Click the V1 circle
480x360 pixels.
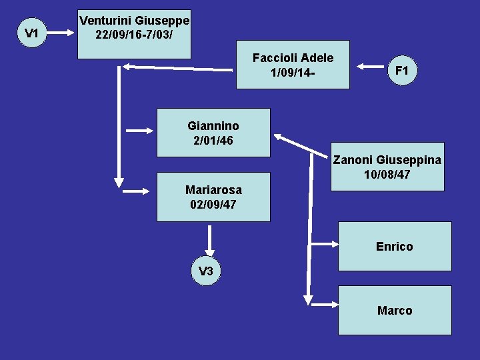click(x=31, y=32)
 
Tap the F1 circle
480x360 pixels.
click(x=402, y=69)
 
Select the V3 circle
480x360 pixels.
click(x=206, y=271)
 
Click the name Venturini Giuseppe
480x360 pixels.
click(x=135, y=20)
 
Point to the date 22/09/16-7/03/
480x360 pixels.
click(x=135, y=33)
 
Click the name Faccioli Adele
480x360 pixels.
click(x=293, y=58)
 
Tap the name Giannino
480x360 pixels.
click(x=213, y=125)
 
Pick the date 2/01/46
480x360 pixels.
click(x=213, y=140)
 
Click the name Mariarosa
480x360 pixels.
click(x=213, y=190)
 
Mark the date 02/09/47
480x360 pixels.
click(x=213, y=204)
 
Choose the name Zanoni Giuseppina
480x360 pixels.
click(x=387, y=160)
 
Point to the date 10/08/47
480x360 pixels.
click(x=387, y=175)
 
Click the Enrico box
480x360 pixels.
click(x=395, y=246)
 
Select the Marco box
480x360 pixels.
click(x=395, y=310)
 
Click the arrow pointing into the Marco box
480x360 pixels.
click(x=323, y=305)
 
